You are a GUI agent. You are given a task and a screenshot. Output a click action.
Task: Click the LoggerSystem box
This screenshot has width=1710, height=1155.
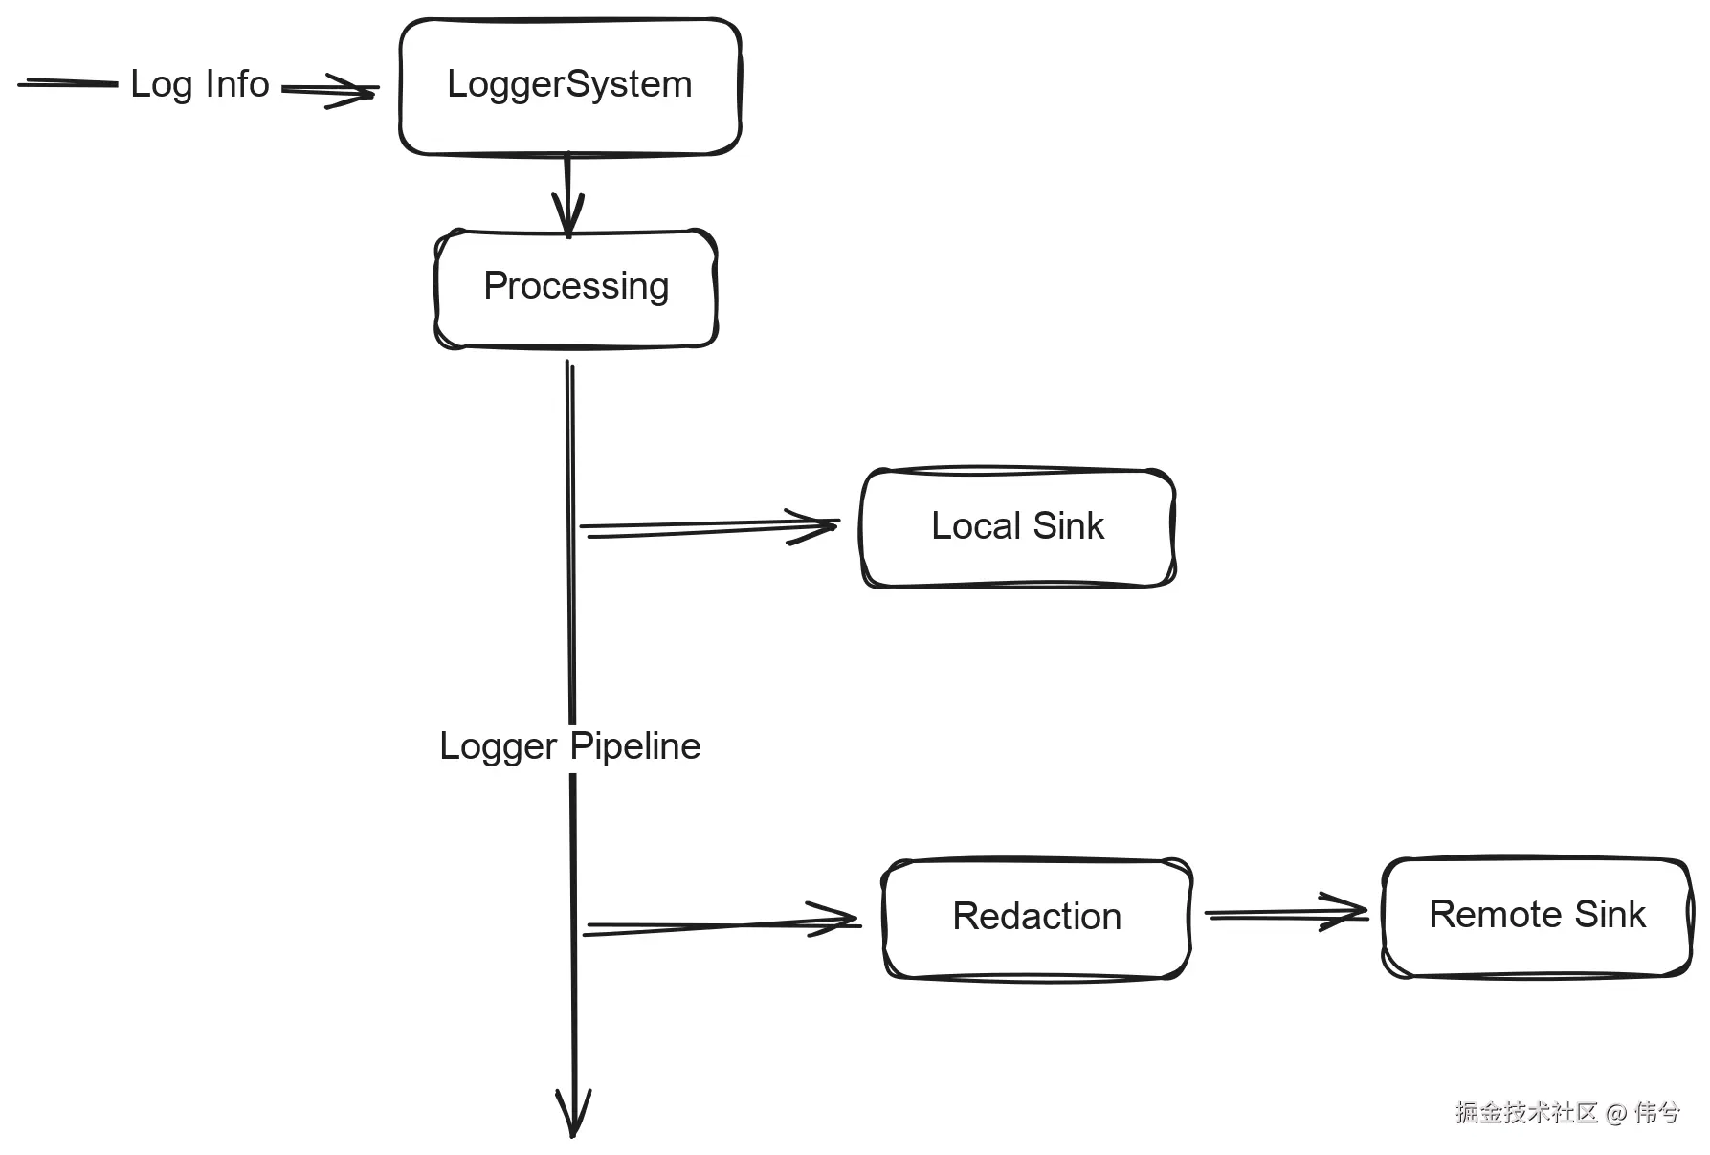pos(569,86)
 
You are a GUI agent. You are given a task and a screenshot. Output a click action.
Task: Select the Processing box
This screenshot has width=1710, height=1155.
pos(575,287)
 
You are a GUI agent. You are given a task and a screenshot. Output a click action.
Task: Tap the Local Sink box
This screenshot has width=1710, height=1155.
pos(1017,527)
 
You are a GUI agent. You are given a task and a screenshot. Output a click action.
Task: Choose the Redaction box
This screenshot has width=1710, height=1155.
pos(1036,918)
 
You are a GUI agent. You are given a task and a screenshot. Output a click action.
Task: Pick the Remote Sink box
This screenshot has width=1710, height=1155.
pos(1536,916)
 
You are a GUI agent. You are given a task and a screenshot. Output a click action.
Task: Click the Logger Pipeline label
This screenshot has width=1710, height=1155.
pos(569,746)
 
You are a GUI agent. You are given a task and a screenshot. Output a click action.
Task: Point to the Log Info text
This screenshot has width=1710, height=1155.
pos(199,84)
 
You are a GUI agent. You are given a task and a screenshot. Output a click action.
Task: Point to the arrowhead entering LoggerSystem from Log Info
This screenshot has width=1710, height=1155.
pos(354,91)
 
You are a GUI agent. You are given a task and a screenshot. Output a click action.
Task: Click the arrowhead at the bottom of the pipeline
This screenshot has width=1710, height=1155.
pos(573,1116)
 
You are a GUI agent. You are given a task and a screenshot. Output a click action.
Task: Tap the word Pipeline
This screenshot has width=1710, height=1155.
pos(635,746)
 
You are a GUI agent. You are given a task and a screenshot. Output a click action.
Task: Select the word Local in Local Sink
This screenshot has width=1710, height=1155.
pos(976,527)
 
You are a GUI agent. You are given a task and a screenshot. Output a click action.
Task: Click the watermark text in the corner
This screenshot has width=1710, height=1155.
pos(1566,1113)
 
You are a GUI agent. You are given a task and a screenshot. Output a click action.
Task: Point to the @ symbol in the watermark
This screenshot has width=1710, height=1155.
pos(1616,1113)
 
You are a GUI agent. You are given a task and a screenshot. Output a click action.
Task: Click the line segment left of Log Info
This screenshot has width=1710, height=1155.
pos(67,84)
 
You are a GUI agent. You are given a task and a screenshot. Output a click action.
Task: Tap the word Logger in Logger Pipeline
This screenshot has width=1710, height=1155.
pos(498,746)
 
